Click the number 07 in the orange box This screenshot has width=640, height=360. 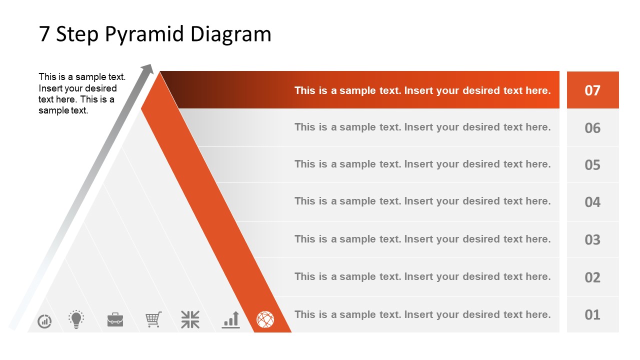tap(592, 90)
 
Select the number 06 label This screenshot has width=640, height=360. tap(592, 128)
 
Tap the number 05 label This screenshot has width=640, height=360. tap(592, 165)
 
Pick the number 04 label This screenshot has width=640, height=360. tap(592, 202)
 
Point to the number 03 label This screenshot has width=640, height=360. tap(592, 239)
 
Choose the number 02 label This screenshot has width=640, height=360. tap(592, 277)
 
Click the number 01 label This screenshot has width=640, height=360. tap(592, 314)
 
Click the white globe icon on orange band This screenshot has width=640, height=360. tap(265, 319)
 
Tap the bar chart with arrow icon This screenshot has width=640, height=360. tap(231, 319)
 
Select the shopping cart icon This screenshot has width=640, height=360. tap(153, 319)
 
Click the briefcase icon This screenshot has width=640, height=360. tap(115, 319)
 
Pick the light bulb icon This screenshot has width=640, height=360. tap(76, 319)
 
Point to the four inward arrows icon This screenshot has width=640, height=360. tap(190, 319)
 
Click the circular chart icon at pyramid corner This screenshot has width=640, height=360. tap(44, 321)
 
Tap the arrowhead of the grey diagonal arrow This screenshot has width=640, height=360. tap(147, 68)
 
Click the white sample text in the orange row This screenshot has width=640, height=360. tap(422, 90)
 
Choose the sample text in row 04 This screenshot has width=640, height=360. tap(422, 201)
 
